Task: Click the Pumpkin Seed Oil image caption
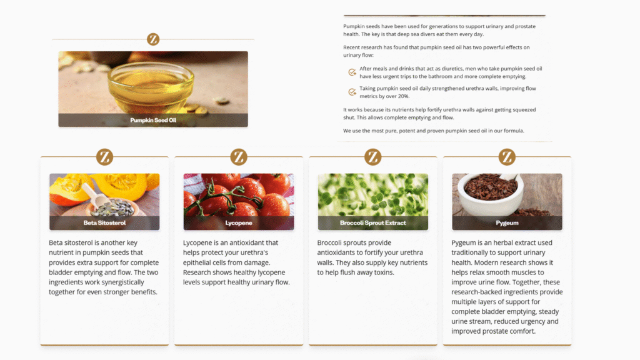[x=153, y=120]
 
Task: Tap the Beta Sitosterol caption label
[x=104, y=223]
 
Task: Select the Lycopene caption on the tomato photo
[x=239, y=223]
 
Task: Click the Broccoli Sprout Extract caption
[x=373, y=223]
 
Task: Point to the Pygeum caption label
[x=507, y=223]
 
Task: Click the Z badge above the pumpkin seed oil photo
[x=153, y=39]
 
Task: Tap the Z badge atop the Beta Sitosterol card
[x=104, y=157]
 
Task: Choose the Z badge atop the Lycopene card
[x=239, y=157]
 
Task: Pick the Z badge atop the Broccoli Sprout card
[x=372, y=157]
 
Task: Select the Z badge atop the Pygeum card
[x=507, y=157]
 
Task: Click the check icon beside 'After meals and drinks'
[x=352, y=72]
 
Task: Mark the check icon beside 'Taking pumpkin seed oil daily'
[x=352, y=92]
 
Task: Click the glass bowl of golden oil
[x=151, y=86]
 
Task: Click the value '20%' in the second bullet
[x=403, y=96]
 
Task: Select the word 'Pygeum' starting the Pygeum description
[x=462, y=243]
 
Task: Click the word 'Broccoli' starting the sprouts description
[x=329, y=242]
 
